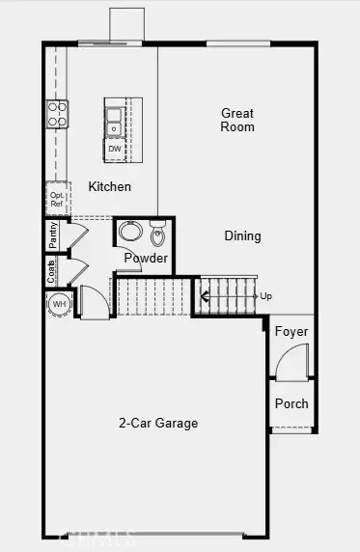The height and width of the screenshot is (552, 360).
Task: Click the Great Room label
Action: tap(236, 120)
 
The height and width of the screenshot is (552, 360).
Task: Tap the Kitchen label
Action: tap(109, 186)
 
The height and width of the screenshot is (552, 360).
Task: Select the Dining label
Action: tap(242, 235)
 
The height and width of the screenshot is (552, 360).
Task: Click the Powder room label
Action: tap(146, 259)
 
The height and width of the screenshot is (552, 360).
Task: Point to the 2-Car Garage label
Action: tap(159, 422)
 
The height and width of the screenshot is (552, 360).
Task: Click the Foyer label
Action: tap(291, 332)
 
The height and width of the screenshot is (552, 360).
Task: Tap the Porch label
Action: tap(291, 403)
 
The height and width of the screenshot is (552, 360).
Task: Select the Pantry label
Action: tap(53, 234)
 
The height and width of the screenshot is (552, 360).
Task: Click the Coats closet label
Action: tap(51, 271)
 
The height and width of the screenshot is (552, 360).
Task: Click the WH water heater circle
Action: tap(59, 304)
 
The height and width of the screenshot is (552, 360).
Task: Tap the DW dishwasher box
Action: tap(115, 149)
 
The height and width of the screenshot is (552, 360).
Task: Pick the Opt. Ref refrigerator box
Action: tap(57, 200)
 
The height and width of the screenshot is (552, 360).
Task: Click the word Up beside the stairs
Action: tap(265, 295)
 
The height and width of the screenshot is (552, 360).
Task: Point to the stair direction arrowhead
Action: tap(205, 295)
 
